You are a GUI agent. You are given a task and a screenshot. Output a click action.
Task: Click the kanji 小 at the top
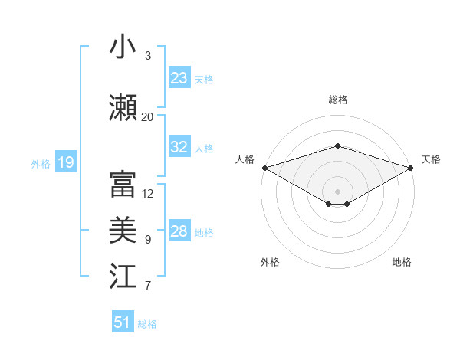tap(123, 47)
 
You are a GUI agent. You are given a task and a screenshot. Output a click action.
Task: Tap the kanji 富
tap(123, 184)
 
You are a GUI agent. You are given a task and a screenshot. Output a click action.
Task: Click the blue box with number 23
tap(179, 78)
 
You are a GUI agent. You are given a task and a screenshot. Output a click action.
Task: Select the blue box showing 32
tap(179, 148)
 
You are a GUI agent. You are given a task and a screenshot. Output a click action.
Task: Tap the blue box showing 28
tap(179, 232)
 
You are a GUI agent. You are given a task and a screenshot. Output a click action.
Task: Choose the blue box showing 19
tap(65, 162)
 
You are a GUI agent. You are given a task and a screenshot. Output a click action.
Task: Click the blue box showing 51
tap(123, 322)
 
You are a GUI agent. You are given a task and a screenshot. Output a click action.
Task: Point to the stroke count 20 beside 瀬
tap(147, 116)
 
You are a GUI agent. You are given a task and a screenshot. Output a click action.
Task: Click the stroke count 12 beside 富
tap(148, 194)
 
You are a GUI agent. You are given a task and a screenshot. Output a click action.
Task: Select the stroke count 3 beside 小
tap(148, 56)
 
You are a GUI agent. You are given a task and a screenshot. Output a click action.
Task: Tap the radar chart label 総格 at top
tap(337, 100)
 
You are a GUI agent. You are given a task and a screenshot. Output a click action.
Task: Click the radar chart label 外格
tap(270, 262)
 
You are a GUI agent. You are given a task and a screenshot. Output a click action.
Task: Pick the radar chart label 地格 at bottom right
tap(402, 262)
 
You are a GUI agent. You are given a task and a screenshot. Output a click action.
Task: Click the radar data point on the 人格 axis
tap(264, 168)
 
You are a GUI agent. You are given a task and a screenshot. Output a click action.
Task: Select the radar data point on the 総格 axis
tap(337, 146)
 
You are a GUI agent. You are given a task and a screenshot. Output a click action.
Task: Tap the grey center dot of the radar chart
tap(337, 191)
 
